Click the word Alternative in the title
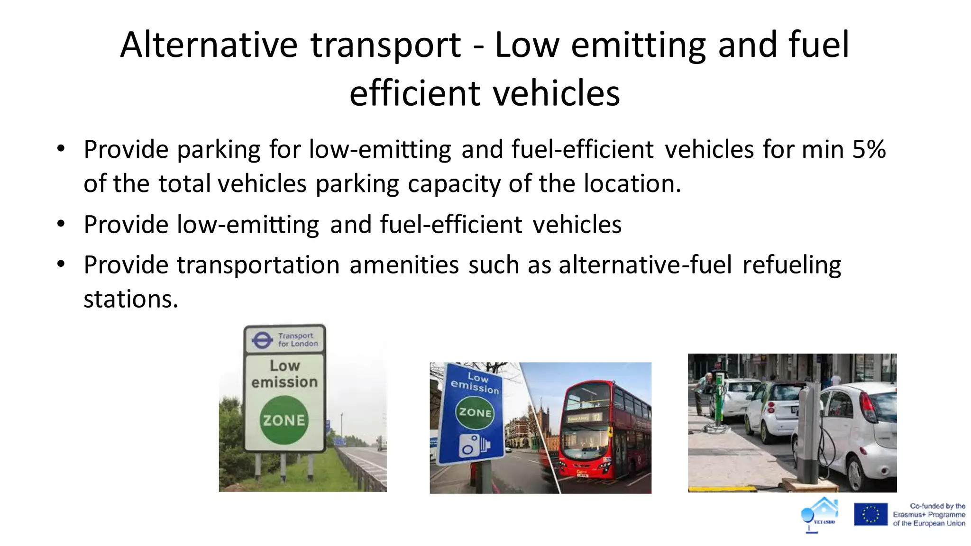click(x=209, y=45)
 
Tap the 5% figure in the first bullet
click(x=869, y=150)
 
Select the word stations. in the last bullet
click(x=131, y=300)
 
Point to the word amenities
click(x=404, y=265)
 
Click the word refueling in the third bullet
click(x=791, y=265)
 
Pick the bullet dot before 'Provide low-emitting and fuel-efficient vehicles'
click(x=61, y=224)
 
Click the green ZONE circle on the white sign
click(x=284, y=420)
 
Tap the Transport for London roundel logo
click(x=262, y=340)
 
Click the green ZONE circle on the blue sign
click(x=475, y=412)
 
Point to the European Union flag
click(x=870, y=514)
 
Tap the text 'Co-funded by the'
click(x=937, y=506)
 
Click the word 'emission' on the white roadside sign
click(x=284, y=382)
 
